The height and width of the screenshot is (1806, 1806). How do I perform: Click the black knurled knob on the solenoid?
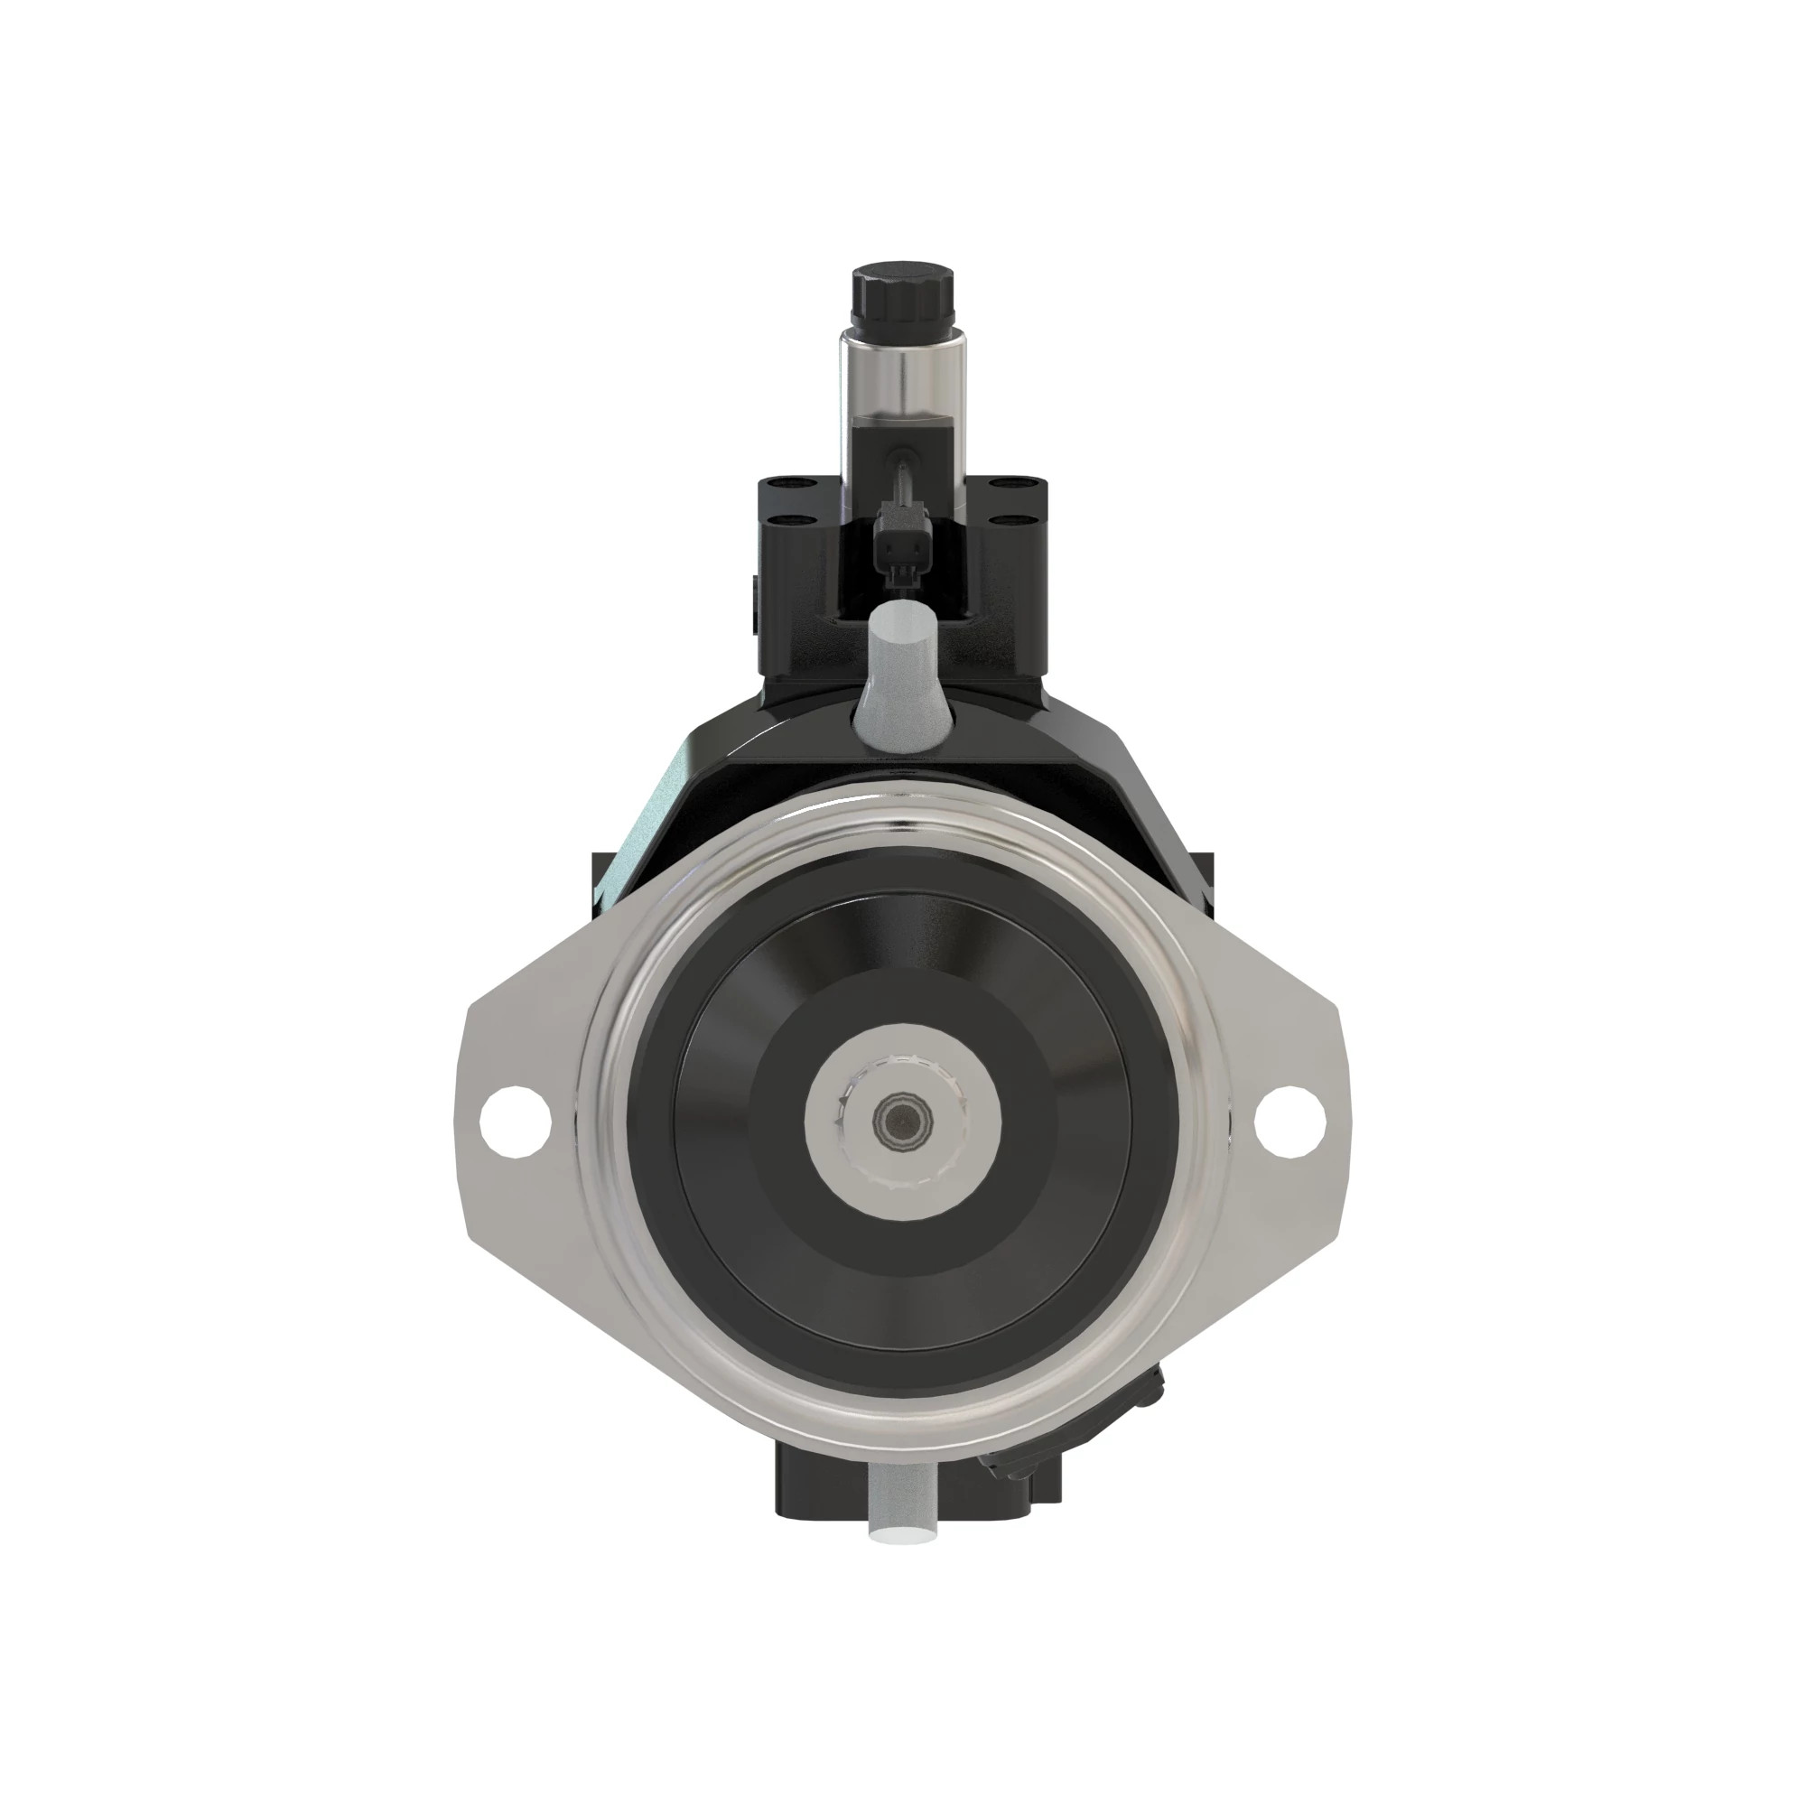tap(902, 297)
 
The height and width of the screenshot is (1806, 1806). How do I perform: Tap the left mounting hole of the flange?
tap(513, 1121)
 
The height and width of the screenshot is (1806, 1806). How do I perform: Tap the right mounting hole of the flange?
tap(1289, 1122)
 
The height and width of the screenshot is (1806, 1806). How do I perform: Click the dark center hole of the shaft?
tap(902, 1121)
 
